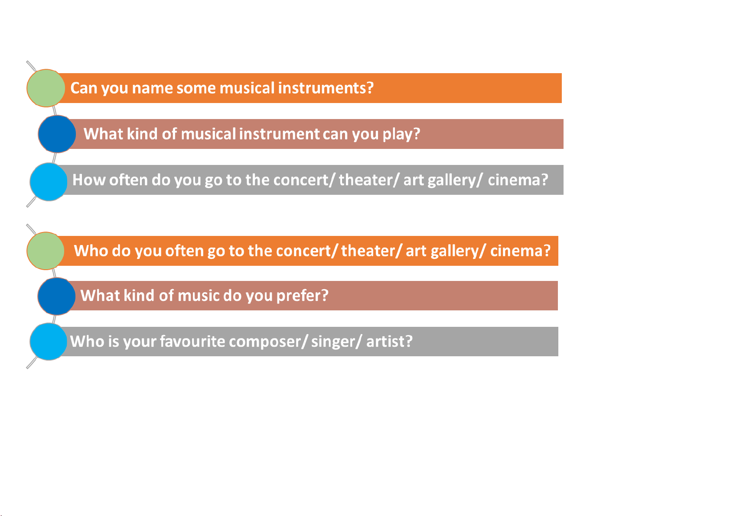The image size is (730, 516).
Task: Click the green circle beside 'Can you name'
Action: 46,88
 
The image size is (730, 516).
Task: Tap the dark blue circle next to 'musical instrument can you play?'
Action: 57,134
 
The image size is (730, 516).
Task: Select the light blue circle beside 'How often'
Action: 49,182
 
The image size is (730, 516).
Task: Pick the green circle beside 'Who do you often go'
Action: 46,251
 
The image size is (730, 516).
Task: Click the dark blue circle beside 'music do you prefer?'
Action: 57,296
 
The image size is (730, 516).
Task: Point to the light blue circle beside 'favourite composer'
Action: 49,342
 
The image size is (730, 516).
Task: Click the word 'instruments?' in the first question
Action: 326,88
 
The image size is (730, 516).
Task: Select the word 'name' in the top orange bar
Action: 152,88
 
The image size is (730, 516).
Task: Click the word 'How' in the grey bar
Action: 88,180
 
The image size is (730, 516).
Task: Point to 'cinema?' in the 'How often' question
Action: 518,180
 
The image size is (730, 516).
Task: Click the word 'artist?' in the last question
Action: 389,342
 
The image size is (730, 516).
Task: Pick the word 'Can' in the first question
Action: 84,88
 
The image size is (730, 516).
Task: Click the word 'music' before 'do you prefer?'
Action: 199,296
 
